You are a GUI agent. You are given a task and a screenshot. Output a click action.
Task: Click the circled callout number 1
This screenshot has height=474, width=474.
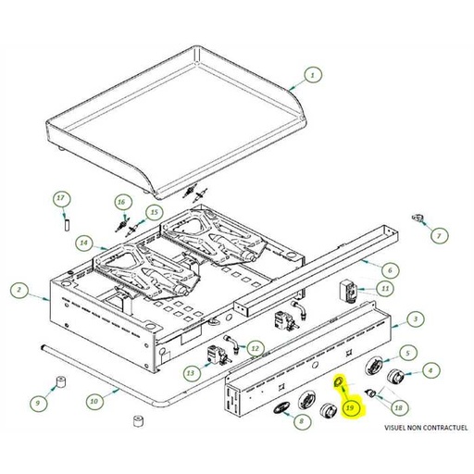[313, 75]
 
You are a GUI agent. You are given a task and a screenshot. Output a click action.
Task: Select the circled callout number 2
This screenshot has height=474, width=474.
[19, 290]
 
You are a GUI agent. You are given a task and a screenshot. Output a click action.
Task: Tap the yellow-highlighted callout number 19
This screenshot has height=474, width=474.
[350, 408]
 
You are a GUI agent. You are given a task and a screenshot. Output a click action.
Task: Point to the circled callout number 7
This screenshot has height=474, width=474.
[439, 236]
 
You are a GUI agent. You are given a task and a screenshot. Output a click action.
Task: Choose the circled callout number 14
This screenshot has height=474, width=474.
[84, 243]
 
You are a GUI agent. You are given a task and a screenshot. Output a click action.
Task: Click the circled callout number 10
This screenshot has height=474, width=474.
[94, 401]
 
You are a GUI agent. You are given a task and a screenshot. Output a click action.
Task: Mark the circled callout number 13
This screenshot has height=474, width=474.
[191, 373]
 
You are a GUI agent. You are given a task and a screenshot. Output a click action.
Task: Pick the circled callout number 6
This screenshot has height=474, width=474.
[390, 270]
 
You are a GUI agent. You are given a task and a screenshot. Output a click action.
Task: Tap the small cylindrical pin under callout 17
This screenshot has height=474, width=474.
[67, 224]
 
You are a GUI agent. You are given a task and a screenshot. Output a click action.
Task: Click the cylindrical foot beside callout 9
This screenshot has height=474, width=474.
[61, 382]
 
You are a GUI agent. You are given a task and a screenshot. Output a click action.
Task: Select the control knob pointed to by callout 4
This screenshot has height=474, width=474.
[396, 377]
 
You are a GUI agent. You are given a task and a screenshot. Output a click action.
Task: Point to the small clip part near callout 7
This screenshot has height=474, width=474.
[418, 218]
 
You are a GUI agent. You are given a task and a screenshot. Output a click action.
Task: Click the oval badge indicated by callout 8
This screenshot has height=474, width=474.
[281, 408]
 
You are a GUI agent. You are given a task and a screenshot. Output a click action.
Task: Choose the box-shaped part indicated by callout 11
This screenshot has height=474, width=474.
[348, 292]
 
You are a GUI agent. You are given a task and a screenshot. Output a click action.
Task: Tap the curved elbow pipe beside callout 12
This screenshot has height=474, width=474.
[233, 343]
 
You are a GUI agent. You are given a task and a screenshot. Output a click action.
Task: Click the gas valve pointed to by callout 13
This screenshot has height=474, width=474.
[218, 355]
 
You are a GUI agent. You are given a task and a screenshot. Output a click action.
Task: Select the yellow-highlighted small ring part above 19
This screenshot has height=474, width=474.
[339, 382]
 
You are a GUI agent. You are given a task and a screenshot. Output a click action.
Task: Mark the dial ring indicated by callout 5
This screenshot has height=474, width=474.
[374, 366]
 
